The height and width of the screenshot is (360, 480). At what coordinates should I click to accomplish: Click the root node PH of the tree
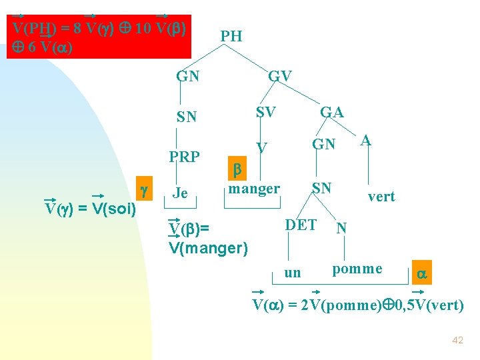tap(231, 36)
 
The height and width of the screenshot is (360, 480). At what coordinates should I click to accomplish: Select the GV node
tap(280, 76)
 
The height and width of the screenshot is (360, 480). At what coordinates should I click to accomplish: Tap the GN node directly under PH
tap(188, 76)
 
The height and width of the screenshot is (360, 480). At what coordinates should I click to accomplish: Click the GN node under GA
tap(325, 144)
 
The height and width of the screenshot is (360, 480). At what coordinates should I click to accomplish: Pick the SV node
tap(266, 113)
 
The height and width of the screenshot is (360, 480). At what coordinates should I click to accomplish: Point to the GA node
tap(332, 113)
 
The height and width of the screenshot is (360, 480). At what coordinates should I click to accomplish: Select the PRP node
tap(185, 157)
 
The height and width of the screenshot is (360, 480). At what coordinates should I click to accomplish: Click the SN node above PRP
tap(187, 117)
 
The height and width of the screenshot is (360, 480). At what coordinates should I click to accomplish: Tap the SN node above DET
tap(322, 188)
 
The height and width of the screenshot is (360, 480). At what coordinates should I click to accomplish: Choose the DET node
tap(301, 225)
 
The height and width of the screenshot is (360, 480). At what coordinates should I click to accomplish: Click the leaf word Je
tap(180, 193)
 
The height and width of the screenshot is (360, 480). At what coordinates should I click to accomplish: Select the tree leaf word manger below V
tap(254, 189)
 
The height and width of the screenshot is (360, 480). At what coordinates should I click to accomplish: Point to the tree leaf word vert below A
tap(381, 197)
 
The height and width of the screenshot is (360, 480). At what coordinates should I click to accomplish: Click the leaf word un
tap(293, 273)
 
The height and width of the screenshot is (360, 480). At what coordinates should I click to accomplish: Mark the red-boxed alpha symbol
tap(421, 273)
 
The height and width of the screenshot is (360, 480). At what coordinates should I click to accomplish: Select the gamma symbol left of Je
tap(143, 191)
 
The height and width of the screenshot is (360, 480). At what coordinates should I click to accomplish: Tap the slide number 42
tap(457, 340)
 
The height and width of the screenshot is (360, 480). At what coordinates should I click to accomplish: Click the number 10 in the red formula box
tap(143, 29)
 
